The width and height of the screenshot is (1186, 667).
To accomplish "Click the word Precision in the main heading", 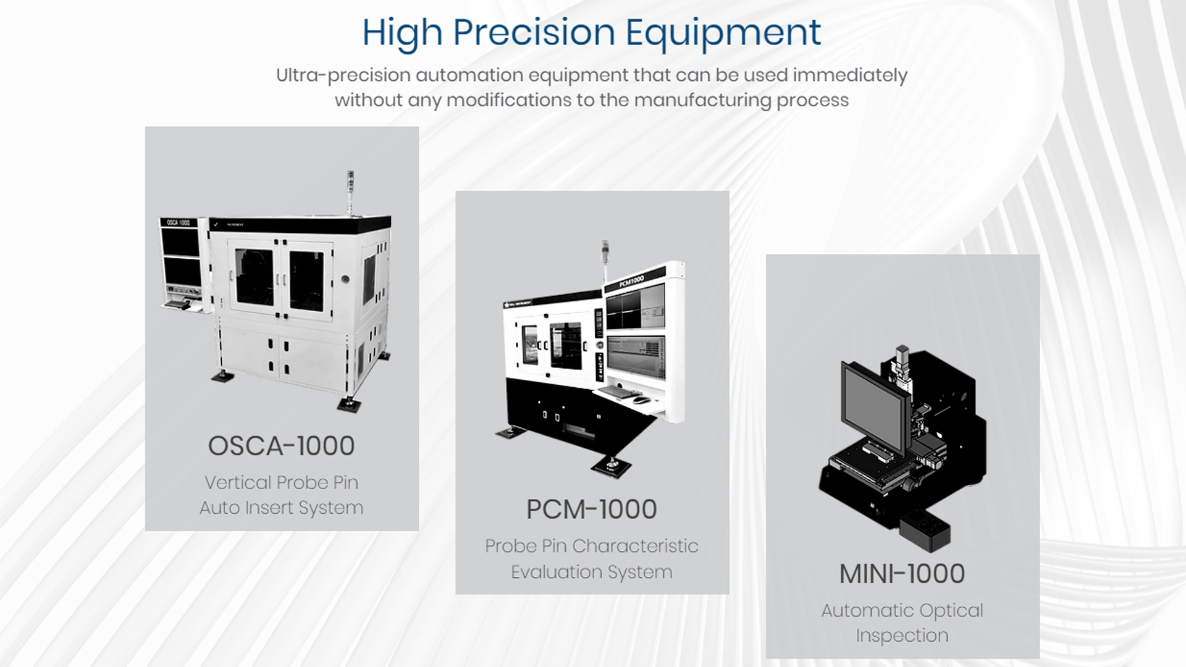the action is tap(534, 32).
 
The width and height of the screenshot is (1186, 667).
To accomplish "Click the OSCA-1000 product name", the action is tap(282, 446).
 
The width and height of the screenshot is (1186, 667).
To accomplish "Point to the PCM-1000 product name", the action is tap(592, 510).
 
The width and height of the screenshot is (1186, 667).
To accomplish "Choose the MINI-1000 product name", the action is tap(902, 574).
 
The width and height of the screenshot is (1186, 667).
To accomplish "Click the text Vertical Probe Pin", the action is tap(282, 482).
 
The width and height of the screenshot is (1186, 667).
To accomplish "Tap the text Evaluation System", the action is tap(592, 572).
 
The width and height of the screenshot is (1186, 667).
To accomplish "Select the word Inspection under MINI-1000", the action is tap(902, 636).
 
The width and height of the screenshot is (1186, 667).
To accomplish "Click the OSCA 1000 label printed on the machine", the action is tap(179, 222).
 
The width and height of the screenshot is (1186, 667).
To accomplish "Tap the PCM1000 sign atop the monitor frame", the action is tap(632, 280).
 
